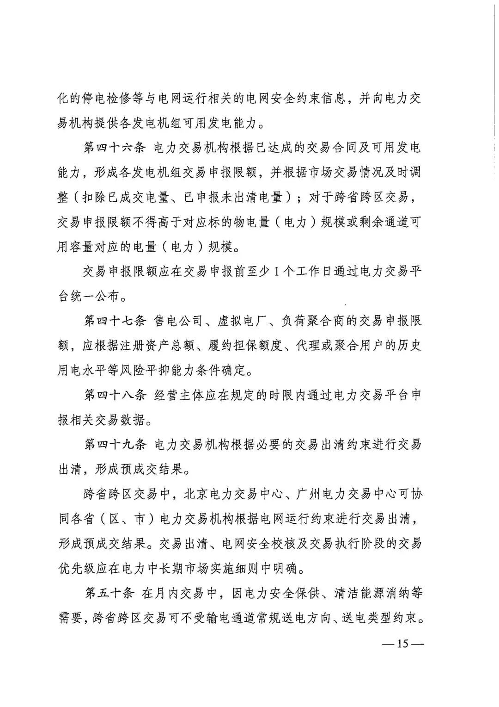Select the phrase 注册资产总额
click(x=138, y=346)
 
